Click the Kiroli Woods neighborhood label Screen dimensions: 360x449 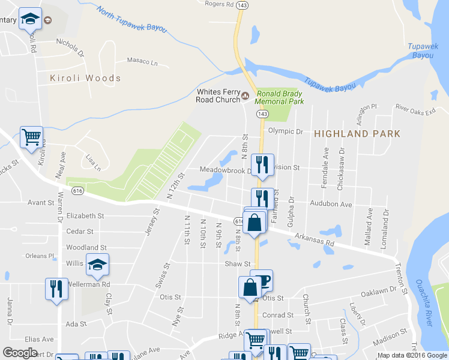(x=86, y=78)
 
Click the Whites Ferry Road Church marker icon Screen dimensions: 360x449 (x=245, y=95)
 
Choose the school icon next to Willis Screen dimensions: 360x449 (x=97, y=263)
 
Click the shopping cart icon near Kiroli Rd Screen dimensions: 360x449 (x=31, y=136)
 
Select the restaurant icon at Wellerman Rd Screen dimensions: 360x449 (x=56, y=289)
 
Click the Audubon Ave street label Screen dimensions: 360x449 (x=331, y=204)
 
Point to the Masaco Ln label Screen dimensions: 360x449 (x=142, y=61)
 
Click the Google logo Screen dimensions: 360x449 (x=20, y=353)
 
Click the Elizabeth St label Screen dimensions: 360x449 (x=85, y=215)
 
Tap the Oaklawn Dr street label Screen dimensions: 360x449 (x=378, y=290)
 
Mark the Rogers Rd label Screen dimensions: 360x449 (x=218, y=4)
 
